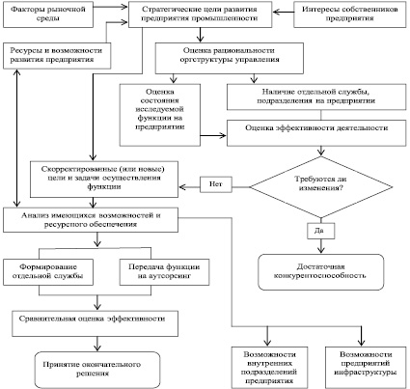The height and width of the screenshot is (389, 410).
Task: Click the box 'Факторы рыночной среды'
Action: (x=48, y=14)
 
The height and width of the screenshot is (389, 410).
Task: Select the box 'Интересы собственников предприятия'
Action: (x=350, y=14)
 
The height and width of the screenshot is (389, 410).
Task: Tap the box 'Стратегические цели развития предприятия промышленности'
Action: (x=200, y=14)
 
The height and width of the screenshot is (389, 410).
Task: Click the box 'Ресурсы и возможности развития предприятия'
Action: (x=57, y=56)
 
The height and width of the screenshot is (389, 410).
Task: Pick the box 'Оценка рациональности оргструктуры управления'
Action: (x=230, y=58)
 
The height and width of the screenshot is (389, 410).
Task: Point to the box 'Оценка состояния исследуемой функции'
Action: (x=160, y=115)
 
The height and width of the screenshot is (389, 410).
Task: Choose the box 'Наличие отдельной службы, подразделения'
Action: (x=316, y=97)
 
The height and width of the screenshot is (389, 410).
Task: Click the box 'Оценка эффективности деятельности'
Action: (x=316, y=133)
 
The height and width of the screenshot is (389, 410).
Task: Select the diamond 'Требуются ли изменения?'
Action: (x=321, y=187)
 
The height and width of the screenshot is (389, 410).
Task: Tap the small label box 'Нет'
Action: (x=216, y=184)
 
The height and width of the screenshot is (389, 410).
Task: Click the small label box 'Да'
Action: (x=321, y=231)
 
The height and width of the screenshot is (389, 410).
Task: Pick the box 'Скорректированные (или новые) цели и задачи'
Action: (x=104, y=180)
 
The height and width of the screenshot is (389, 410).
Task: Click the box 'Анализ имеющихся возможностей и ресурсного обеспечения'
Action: (x=91, y=220)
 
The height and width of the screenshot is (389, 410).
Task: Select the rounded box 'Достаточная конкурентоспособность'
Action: (x=321, y=272)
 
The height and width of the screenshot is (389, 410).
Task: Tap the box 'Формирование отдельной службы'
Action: (x=48, y=272)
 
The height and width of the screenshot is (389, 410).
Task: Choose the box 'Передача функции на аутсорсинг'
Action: (x=164, y=272)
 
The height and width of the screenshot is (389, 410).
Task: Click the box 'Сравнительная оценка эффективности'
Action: (x=96, y=323)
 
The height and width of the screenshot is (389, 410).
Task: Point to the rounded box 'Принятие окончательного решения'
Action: (x=97, y=370)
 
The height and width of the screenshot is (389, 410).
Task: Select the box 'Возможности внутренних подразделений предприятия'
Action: (x=269, y=368)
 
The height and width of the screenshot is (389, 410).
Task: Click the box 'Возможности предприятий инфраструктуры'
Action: (x=366, y=368)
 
